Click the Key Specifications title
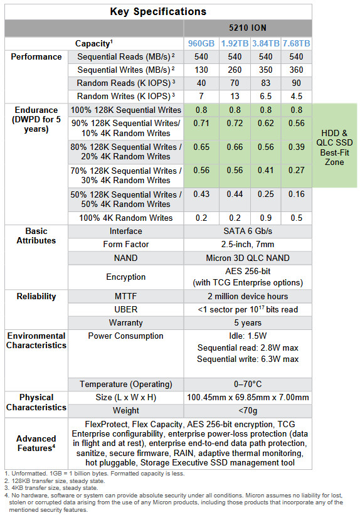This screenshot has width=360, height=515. point(158,12)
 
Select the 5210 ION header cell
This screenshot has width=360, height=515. point(248,28)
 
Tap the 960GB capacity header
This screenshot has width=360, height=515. point(201,43)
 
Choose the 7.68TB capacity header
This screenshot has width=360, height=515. point(296,43)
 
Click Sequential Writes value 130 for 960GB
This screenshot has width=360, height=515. point(201,70)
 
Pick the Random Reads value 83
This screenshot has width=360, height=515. point(265,83)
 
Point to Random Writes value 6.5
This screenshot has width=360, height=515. point(265,96)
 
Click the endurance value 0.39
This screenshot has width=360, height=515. point(296,147)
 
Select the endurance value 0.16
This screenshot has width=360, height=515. point(296,194)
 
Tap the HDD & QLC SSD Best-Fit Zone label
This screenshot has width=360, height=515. point(334,147)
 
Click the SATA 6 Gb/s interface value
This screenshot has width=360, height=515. point(248,231)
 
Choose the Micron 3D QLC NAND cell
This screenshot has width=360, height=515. point(248,258)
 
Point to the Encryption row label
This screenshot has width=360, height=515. point(125,277)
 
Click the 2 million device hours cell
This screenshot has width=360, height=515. point(248,296)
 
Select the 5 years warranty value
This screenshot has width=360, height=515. point(248,323)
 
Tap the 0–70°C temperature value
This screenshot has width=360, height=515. point(248,385)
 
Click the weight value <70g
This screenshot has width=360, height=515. point(248,410)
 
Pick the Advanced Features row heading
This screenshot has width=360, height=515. point(36,443)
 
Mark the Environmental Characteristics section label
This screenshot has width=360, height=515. point(36,341)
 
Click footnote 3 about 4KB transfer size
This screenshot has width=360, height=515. point(51,488)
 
